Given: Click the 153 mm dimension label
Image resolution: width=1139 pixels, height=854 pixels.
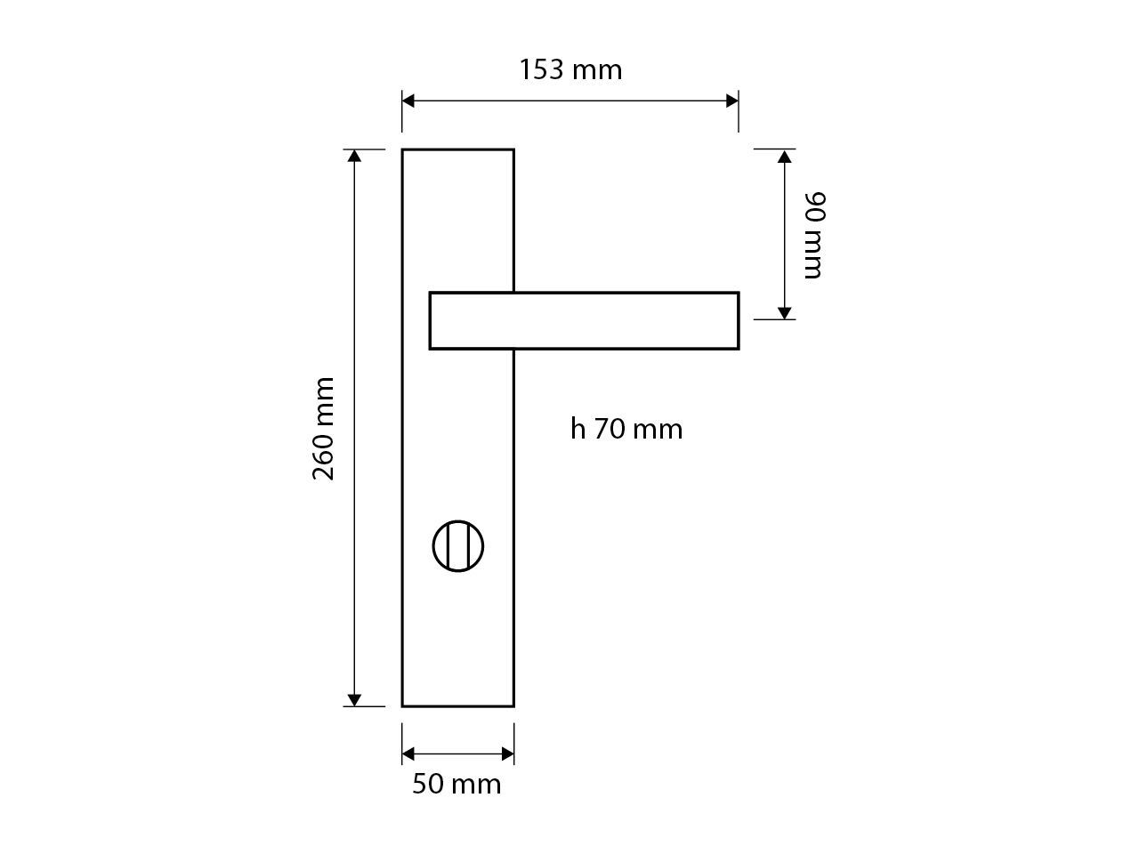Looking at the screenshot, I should [x=570, y=69].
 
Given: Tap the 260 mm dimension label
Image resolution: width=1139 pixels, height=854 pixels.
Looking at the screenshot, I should [x=324, y=428].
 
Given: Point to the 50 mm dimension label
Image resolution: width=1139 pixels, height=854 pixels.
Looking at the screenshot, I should [x=456, y=784].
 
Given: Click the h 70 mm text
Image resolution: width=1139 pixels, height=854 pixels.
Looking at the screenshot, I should [x=626, y=429].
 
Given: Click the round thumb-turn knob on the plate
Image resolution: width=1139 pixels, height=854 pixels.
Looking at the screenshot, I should [x=458, y=546].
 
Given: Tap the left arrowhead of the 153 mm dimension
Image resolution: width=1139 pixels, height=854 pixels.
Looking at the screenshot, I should [x=408, y=101].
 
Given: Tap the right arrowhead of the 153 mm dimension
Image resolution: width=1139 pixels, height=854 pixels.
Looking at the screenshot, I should [x=732, y=101].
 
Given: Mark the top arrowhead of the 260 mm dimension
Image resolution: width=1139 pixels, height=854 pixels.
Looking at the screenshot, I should [x=354, y=157].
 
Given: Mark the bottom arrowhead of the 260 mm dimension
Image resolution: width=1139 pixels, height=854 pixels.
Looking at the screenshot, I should [x=354, y=699].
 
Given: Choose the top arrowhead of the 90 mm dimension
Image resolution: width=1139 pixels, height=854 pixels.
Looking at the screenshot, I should [x=784, y=157].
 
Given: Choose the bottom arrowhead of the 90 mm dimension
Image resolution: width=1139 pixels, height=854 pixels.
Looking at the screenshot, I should [x=784, y=312].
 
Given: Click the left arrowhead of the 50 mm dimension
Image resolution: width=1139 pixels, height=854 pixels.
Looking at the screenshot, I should [x=408, y=754].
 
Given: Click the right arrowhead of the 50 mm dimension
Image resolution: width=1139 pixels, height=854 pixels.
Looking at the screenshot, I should [x=508, y=754].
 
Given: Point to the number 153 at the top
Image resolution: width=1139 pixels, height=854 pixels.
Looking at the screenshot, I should [x=542, y=69].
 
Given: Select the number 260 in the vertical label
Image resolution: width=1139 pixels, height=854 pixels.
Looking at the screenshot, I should [x=324, y=455].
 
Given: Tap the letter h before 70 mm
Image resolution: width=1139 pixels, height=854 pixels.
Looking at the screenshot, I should [x=578, y=429].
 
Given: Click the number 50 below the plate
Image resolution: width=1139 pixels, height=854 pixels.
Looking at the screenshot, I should [x=428, y=784].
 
